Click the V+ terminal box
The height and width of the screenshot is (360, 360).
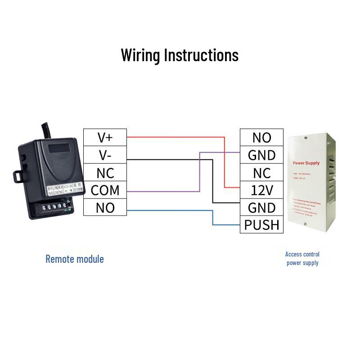click(105, 138)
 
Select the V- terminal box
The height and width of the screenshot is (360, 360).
click(105, 155)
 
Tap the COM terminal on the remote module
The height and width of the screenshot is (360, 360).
click(105, 190)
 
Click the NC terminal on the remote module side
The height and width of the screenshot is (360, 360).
click(105, 173)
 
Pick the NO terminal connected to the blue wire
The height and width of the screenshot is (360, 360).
click(105, 208)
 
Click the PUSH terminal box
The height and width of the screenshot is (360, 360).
click(261, 225)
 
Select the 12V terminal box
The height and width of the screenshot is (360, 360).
click(261, 190)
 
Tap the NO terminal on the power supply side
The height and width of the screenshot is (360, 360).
click(261, 138)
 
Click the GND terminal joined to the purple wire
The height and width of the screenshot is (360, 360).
click(261, 155)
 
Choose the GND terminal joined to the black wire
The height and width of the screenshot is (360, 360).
click(261, 207)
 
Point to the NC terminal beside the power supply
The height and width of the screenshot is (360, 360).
click(261, 173)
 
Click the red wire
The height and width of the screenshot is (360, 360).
click(175, 136)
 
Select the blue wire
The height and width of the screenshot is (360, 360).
click(171, 210)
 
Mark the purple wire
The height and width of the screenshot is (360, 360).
click(162, 191)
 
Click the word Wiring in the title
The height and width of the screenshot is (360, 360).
click(140, 55)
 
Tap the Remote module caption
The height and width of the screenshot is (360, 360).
click(74, 259)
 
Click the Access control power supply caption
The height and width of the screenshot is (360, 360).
click(302, 259)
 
